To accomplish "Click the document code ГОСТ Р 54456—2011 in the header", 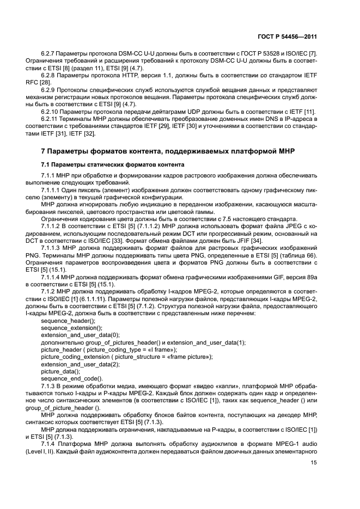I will pos(289,37).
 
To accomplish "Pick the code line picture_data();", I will pos(57,371).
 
